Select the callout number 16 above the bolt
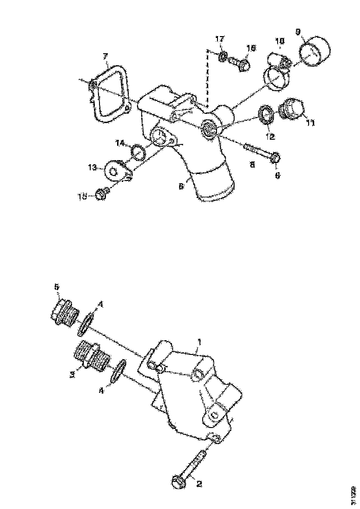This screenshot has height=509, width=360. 250,48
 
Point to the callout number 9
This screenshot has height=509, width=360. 298,31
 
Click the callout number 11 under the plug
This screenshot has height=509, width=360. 310,123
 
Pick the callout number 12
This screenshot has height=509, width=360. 270,137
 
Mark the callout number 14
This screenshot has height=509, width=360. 120,143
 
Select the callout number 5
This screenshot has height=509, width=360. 57,287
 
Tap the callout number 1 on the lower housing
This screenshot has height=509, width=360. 199,341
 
